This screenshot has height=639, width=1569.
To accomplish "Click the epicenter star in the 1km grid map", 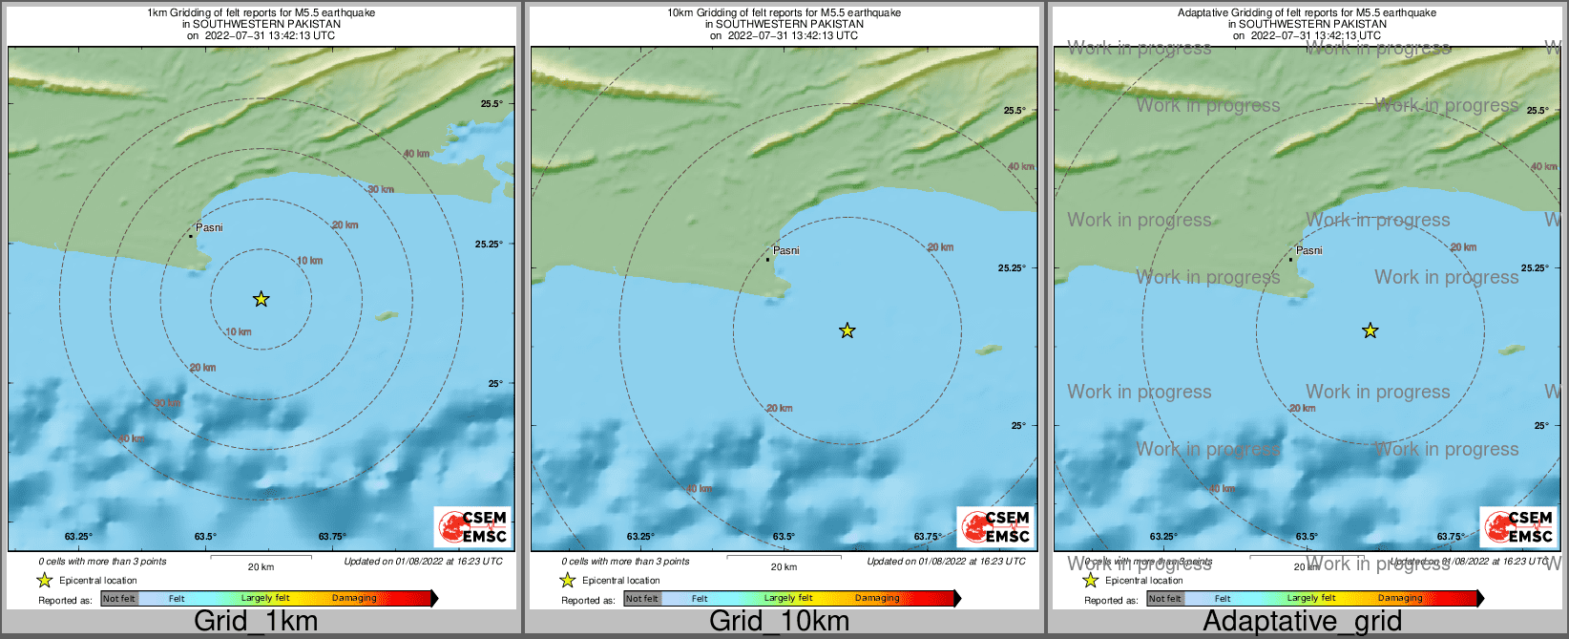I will tap(261, 300).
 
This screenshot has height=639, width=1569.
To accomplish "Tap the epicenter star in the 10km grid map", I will tap(847, 331).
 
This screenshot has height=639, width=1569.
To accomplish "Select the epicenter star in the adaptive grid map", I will tap(1370, 331).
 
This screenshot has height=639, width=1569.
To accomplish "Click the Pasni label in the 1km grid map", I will tap(209, 228).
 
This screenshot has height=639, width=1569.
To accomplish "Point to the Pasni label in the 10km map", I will tap(786, 250).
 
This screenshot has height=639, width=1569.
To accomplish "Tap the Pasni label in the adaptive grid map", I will tap(1309, 250).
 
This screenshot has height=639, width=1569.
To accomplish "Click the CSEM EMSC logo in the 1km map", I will tap(471, 526).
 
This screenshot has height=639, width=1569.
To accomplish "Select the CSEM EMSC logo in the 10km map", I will tap(994, 526).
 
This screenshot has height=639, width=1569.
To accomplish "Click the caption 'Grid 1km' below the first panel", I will tap(255, 622).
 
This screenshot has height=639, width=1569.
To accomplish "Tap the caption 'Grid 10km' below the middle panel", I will tap(779, 622).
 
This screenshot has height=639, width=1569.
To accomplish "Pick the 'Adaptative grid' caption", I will tap(1302, 622).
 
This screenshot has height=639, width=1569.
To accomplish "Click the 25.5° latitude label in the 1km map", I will tap(491, 104).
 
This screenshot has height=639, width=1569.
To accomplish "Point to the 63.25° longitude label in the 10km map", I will tap(640, 537).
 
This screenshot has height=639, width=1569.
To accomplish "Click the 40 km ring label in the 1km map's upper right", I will tap(416, 154).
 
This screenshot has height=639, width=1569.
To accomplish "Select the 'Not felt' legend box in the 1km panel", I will tap(119, 599).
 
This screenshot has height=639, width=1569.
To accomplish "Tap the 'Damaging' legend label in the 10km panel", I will tap(877, 599).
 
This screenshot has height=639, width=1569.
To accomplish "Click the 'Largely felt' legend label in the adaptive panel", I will tap(1311, 599).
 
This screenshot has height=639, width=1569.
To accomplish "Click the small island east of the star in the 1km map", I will tap(387, 315).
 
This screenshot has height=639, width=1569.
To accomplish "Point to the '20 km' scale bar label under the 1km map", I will tap(261, 567).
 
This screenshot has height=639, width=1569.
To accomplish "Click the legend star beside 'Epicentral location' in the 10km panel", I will tap(568, 581).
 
